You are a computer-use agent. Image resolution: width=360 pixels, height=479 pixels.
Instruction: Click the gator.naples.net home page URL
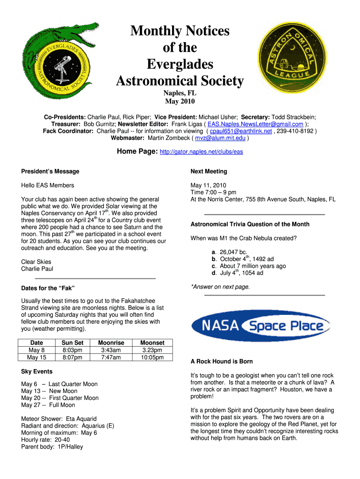tap(201, 152)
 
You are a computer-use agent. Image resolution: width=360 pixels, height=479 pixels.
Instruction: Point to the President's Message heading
tap(50, 171)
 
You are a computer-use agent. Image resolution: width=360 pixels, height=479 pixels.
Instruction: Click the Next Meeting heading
tap(209, 171)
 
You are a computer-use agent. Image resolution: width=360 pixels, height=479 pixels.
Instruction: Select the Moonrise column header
tap(111, 343)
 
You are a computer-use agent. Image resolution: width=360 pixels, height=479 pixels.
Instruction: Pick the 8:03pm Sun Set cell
tap(72, 350)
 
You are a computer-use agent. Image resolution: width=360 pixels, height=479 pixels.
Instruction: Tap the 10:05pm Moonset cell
tap(152, 358)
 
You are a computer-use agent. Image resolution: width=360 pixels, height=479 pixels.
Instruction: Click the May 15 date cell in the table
tap(36, 358)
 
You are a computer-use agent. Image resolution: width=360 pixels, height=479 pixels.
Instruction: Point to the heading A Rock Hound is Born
tap(222, 362)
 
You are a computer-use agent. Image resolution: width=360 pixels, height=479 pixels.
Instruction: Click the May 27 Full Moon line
tap(48, 405)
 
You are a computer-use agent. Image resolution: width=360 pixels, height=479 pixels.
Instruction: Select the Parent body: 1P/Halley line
tap(52, 447)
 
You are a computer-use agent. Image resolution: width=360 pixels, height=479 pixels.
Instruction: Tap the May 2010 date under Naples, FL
tap(180, 101)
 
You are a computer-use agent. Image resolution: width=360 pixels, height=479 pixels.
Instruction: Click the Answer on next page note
tap(220, 287)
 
